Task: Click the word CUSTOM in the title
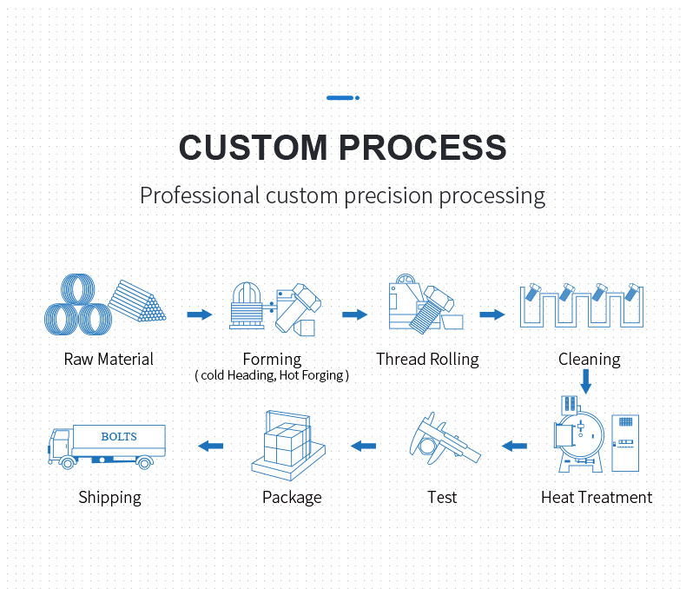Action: [254, 148]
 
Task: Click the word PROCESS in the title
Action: [423, 148]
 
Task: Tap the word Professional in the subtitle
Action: [200, 195]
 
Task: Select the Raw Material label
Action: [109, 360]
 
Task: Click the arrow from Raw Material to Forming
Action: [200, 314]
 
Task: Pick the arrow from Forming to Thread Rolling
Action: [355, 314]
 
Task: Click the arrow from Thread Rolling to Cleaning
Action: [492, 314]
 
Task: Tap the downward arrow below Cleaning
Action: [586, 381]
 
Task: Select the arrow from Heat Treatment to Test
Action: [514, 446]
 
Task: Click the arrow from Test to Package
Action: [364, 446]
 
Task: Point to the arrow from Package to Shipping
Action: [211, 446]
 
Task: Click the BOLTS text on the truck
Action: [119, 436]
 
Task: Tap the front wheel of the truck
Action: [68, 462]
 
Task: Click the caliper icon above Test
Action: [444, 439]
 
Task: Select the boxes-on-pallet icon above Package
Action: [288, 446]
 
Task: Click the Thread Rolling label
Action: [427, 360]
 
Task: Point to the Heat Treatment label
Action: [597, 498]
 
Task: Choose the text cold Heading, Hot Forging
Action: [272, 375]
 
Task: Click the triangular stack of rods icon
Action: [137, 301]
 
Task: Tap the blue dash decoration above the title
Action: [343, 97]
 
